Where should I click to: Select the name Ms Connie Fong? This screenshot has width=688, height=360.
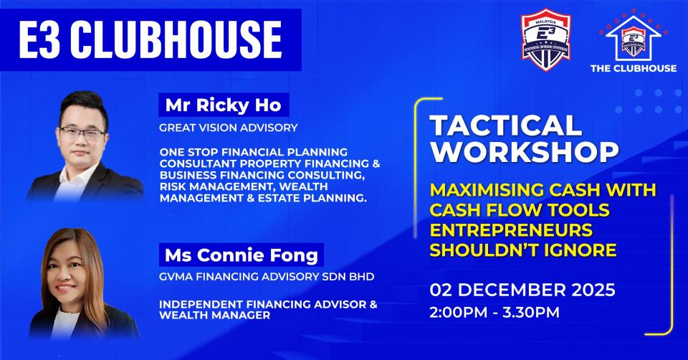coord(242,255)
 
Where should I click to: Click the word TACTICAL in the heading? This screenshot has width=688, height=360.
coord(505,127)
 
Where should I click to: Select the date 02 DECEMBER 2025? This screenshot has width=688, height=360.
coord(522,292)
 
